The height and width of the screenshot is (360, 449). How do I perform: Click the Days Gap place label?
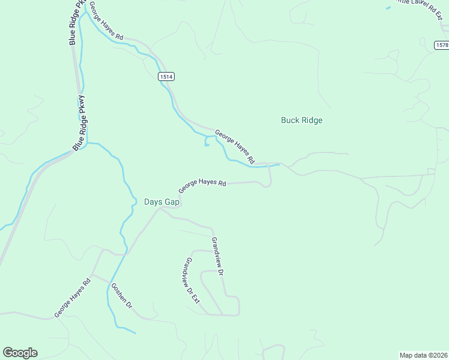click(x=161, y=202)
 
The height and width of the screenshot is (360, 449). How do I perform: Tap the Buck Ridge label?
click(x=301, y=120)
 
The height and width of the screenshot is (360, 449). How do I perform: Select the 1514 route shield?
click(x=166, y=76)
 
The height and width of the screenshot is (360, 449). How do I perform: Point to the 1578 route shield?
click(x=441, y=45)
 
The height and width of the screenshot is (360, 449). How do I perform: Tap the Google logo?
click(x=20, y=353)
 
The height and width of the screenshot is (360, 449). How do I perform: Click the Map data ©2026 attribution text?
click(x=424, y=355)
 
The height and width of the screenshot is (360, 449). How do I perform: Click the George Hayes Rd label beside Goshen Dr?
click(x=72, y=297)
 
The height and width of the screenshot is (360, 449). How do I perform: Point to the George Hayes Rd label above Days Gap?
click(x=202, y=185)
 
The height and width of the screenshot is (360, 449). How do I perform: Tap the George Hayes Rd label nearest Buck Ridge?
click(x=235, y=148)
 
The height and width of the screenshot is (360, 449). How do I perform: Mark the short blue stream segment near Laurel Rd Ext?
click(x=388, y=7)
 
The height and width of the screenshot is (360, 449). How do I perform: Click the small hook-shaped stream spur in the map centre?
click(x=206, y=142)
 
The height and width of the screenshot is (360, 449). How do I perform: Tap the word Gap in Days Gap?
click(x=172, y=202)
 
